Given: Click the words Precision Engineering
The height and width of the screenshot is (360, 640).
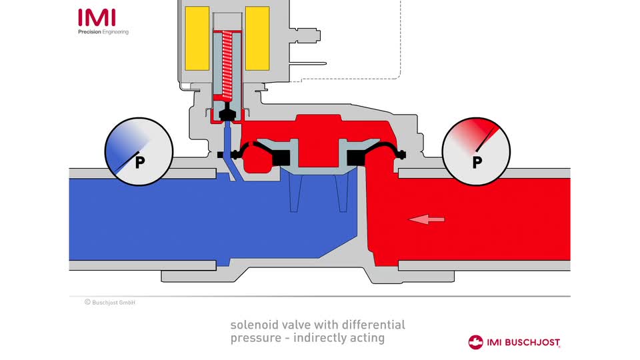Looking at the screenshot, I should (x=103, y=32).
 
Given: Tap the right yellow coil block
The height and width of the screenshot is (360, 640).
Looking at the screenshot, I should (x=257, y=39).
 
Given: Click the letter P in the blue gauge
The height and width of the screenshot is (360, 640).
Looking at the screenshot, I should (x=140, y=162).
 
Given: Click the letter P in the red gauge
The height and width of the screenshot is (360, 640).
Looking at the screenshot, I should (x=477, y=162).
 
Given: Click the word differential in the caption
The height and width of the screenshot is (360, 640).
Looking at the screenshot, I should (x=374, y=325).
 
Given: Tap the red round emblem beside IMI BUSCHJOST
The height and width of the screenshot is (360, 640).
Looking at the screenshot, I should (x=476, y=342).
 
